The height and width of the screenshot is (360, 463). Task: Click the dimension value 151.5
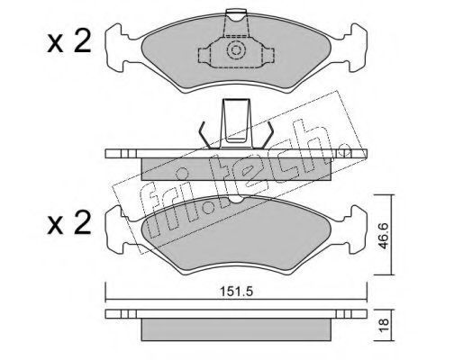point(237,292)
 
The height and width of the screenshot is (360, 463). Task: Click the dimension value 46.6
point(384,236)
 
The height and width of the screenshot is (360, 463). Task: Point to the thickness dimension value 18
point(384,325)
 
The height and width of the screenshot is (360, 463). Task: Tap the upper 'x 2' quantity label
point(69,42)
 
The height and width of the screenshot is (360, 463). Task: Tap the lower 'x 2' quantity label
point(69,222)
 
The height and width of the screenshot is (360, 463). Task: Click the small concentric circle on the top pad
point(236,49)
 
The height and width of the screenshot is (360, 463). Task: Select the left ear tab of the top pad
point(118,48)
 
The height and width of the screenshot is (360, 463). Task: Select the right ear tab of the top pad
point(355,48)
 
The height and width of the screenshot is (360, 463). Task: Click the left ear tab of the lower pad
point(118,229)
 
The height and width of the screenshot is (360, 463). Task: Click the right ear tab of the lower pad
point(355,229)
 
